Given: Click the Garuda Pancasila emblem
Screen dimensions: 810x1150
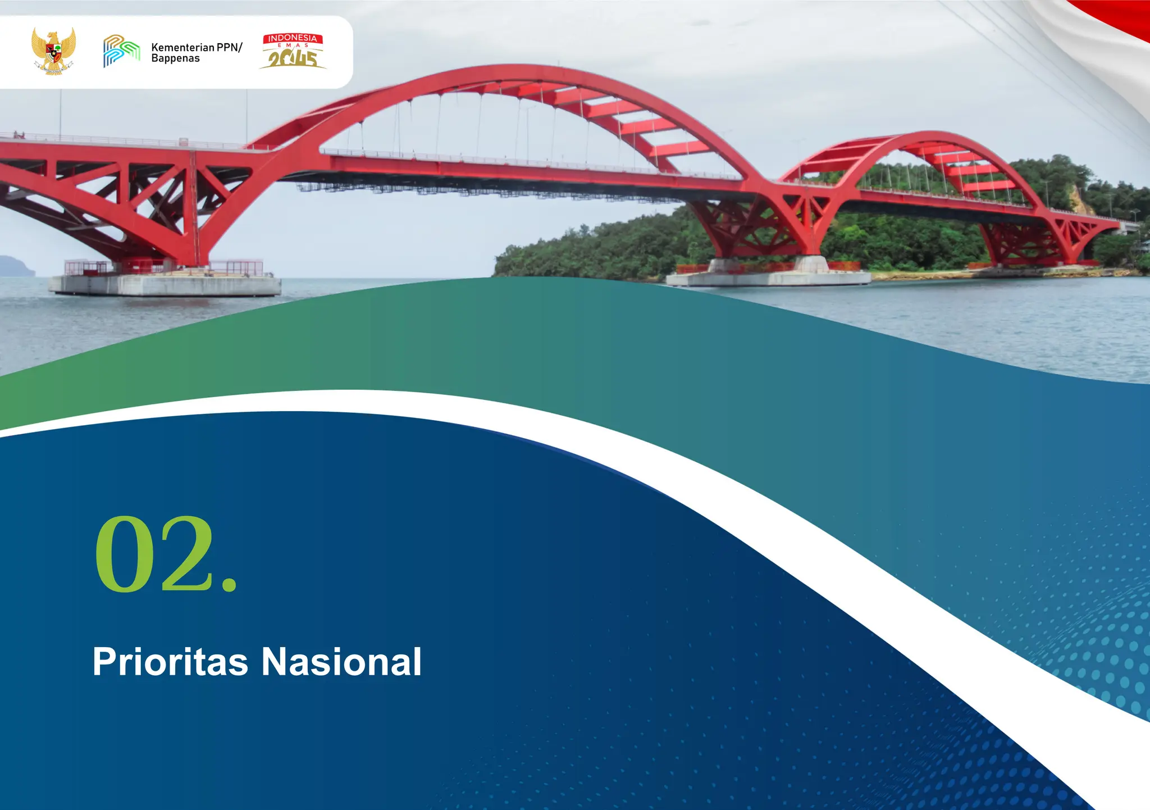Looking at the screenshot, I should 53,51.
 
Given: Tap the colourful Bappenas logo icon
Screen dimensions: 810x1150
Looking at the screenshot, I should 121,51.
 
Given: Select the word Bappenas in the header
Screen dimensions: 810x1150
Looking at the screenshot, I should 175,58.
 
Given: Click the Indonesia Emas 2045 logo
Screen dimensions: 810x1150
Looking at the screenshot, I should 293,51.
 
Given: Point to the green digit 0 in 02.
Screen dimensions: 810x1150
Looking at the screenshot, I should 124,554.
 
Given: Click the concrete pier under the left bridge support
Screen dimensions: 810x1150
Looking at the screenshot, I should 166,284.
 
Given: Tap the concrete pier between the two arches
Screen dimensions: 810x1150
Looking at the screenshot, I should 768,276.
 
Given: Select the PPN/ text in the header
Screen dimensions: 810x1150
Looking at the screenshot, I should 230,47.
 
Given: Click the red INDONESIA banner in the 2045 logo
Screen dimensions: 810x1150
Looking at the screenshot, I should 293,38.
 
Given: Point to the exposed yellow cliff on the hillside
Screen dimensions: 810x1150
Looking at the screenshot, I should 1081,200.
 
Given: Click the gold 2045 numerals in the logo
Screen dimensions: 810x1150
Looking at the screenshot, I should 293,58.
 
